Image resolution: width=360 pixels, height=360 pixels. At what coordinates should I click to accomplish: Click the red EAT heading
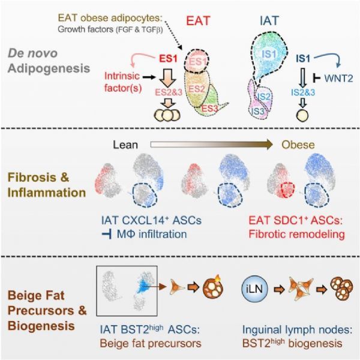198,21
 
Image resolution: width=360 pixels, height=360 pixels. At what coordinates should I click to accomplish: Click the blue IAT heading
269,21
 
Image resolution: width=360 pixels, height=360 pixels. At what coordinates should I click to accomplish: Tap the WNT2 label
338,79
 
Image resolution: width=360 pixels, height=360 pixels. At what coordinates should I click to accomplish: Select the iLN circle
255,289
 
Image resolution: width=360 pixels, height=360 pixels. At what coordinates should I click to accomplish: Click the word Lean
125,145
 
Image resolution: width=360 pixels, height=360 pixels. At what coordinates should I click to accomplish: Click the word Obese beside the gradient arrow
298,145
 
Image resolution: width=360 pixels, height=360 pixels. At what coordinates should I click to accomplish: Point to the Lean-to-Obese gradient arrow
211,145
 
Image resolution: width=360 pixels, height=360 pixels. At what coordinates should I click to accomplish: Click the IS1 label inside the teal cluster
269,55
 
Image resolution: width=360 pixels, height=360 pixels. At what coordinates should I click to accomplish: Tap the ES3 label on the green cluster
209,109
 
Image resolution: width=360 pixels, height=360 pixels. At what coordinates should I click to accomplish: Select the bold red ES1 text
169,59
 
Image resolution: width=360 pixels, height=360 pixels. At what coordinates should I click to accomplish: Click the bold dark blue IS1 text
303,59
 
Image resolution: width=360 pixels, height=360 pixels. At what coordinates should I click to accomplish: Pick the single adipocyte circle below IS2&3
302,115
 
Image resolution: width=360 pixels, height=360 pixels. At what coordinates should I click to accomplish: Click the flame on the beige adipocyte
217,279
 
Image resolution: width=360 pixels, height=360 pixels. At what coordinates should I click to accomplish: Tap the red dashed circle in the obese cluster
287,190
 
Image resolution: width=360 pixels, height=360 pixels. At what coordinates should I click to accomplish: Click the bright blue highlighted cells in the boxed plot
143,286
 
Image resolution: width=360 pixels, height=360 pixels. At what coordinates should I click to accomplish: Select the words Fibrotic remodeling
296,235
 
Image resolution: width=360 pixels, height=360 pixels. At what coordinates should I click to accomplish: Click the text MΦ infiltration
152,235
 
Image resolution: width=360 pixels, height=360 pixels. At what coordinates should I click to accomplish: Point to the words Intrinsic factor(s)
123,82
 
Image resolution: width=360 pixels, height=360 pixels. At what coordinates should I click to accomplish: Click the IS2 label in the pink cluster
264,97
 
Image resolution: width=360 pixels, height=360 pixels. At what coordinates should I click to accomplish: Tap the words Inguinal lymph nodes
297,330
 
